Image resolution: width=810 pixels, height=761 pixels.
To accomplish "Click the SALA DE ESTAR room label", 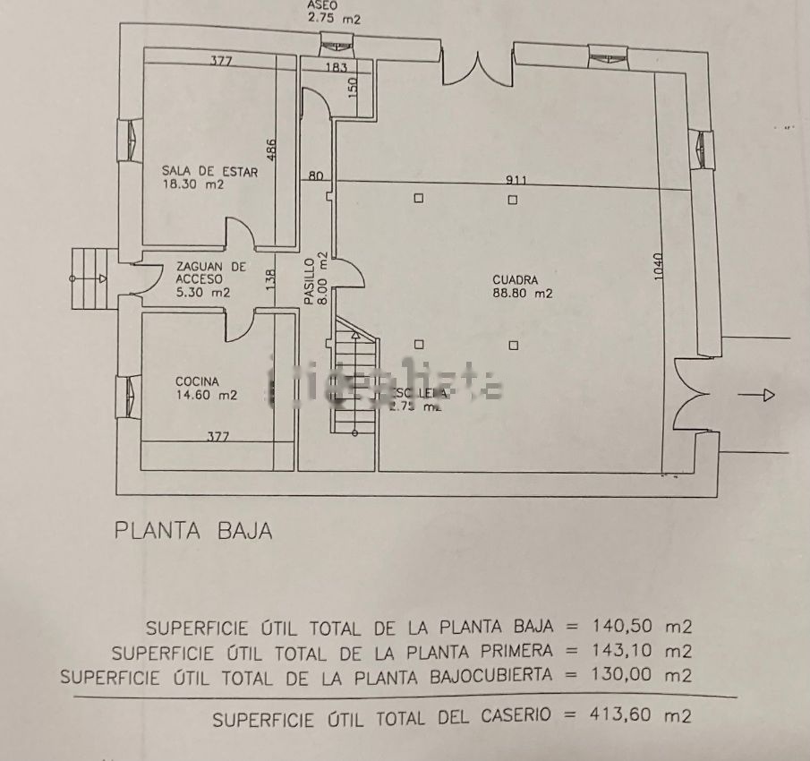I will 209,170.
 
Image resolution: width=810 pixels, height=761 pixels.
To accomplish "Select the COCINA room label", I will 197,381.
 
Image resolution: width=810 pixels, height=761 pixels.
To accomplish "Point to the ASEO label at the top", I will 323,4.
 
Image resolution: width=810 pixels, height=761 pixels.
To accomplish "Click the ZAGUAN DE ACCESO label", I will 211,267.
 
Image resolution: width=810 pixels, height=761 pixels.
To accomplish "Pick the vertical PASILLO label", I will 309,282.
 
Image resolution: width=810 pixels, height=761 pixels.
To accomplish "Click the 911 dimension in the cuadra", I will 516,180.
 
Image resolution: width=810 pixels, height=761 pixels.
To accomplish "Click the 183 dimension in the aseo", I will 336,68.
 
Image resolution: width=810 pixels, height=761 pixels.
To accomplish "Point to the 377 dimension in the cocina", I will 218,437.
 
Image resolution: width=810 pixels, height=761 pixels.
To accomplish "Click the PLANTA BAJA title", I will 193,530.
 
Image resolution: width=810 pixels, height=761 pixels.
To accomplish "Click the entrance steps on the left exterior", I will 88,278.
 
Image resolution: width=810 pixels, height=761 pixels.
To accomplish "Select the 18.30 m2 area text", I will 192,184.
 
